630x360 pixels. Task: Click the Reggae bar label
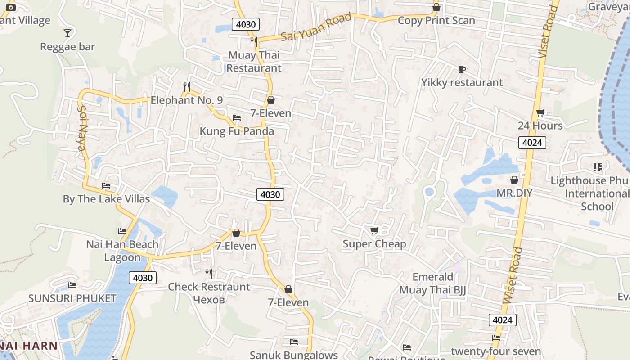(x=67, y=47)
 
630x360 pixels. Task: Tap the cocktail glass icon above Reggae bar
(x=67, y=33)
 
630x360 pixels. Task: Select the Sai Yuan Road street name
(x=316, y=27)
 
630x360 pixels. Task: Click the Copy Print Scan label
(x=436, y=21)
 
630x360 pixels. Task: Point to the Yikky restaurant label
(x=462, y=82)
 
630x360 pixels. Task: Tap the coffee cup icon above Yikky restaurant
(x=462, y=69)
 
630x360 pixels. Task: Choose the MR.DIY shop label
(x=514, y=193)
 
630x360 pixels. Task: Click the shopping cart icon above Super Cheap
(x=374, y=231)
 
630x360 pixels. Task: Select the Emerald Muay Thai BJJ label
(x=432, y=283)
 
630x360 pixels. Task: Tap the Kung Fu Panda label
(x=237, y=131)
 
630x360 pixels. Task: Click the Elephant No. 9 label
(x=186, y=100)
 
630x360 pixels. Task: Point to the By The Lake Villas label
(x=106, y=199)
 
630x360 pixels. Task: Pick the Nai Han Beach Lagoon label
(x=122, y=251)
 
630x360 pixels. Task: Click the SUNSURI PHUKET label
(x=72, y=298)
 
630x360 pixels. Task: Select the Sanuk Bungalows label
(x=294, y=355)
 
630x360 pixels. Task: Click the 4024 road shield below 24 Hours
(x=532, y=143)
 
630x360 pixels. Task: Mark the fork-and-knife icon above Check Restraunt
(x=209, y=274)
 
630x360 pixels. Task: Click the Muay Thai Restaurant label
(x=254, y=62)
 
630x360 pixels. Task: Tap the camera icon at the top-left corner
(x=11, y=7)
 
